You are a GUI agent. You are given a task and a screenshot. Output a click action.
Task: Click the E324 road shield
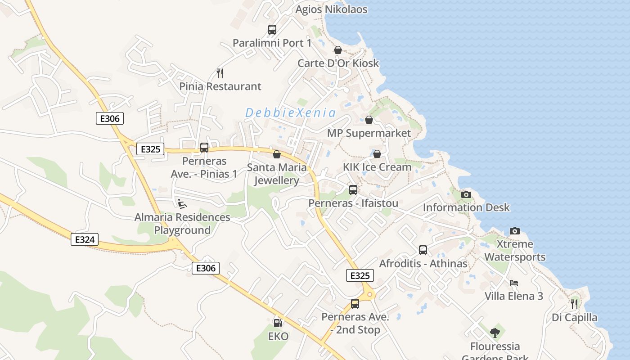85,239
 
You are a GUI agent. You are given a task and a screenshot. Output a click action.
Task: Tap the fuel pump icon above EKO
278,323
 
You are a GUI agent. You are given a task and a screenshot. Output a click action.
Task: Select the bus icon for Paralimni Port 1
272,30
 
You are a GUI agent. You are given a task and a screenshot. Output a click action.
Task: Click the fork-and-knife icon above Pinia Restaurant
220,73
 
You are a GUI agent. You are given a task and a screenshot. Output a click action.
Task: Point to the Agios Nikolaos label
332,9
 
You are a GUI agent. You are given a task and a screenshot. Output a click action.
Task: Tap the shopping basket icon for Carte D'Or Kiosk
338,50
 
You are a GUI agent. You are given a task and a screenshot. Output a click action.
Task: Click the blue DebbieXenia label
290,112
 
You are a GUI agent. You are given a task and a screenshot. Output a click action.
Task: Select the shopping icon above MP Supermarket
369,120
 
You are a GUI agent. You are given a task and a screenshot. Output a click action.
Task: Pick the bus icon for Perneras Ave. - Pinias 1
204,147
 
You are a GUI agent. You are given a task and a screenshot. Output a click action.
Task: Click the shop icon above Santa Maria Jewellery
277,154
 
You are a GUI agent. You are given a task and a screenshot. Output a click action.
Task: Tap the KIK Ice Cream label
377,167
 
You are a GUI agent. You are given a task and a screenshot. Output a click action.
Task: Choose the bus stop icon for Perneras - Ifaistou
353,190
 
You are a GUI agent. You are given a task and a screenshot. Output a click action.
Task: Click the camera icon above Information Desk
466,194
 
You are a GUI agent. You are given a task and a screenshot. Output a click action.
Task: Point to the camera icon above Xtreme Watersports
515,231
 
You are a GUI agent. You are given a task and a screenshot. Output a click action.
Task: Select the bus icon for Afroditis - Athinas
423,250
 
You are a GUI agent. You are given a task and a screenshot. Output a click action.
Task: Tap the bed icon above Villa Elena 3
514,283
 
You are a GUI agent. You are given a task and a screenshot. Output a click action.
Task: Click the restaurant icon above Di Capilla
574,304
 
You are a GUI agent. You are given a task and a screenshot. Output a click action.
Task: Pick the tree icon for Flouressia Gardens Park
495,333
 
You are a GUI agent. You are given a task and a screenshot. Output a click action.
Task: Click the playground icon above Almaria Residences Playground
182,204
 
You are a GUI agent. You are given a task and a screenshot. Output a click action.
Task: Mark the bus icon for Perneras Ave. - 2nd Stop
355,303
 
